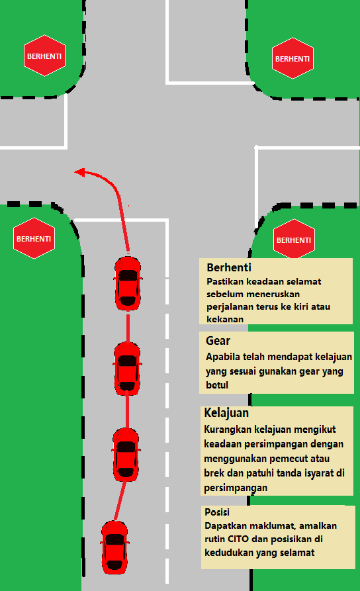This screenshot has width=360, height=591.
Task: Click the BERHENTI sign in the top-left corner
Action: click(44, 56)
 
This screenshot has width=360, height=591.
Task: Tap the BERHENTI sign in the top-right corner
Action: click(292, 58)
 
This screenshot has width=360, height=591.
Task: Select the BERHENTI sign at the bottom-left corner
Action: click(34, 238)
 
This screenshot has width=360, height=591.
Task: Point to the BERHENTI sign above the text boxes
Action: click(294, 239)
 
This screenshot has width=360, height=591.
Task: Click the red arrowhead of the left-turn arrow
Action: click(80, 172)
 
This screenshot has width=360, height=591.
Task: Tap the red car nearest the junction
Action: click(128, 283)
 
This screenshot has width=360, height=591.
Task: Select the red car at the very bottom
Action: click(114, 547)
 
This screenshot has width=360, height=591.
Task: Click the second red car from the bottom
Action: click(126, 455)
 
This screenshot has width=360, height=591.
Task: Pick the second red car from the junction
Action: click(128, 369)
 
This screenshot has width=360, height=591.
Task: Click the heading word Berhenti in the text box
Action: click(229, 267)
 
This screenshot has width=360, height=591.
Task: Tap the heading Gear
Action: click(218, 341)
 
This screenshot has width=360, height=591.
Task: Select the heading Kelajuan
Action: click(226, 413)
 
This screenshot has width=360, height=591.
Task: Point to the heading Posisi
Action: click(217, 512)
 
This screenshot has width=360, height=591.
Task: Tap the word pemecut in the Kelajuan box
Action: click(293, 459)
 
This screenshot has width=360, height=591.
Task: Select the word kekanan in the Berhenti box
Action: click(225, 319)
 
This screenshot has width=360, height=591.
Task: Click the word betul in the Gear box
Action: click(217, 385)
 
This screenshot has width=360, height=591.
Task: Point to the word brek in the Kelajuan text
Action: click(214, 473)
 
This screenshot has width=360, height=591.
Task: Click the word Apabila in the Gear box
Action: click(222, 357)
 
